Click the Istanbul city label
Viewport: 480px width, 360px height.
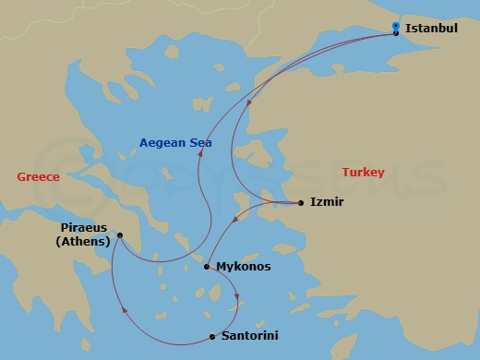(430, 29)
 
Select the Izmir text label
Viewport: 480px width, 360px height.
(328, 201)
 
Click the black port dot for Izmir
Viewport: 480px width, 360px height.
(301, 202)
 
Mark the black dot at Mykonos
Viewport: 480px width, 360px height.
(207, 267)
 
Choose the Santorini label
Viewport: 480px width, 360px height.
(249, 336)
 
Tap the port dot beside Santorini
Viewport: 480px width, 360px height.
(212, 336)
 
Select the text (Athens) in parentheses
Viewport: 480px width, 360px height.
(82, 242)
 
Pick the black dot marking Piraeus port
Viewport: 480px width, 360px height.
(120, 235)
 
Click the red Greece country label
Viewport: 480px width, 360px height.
(38, 176)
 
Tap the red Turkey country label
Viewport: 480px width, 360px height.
(363, 173)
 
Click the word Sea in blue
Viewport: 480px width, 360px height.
(200, 142)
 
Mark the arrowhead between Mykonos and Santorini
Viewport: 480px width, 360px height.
(237, 297)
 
